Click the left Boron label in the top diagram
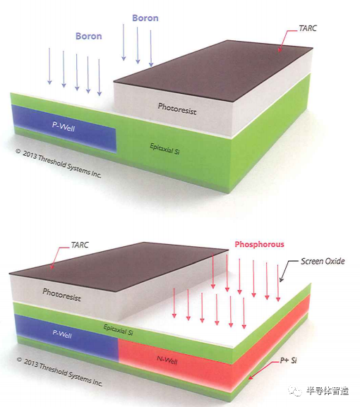coord(88,36)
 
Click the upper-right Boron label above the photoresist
coord(145,18)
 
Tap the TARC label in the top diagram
coord(308,28)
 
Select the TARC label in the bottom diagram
coord(80,245)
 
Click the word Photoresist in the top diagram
coord(177,109)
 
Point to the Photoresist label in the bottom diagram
coord(62,295)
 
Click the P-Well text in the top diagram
coord(64,126)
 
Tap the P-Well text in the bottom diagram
coord(62,334)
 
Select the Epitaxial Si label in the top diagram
coord(164,149)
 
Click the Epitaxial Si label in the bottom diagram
coord(119,329)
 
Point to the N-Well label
coord(167,360)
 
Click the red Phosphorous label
coord(259,244)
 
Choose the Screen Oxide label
coord(323,261)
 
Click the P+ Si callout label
coord(288,360)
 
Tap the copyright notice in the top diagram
coord(59,163)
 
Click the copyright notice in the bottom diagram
coord(59,372)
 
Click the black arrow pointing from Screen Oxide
coord(287,270)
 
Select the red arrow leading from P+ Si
coord(263,370)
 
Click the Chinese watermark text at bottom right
coord(328,391)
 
